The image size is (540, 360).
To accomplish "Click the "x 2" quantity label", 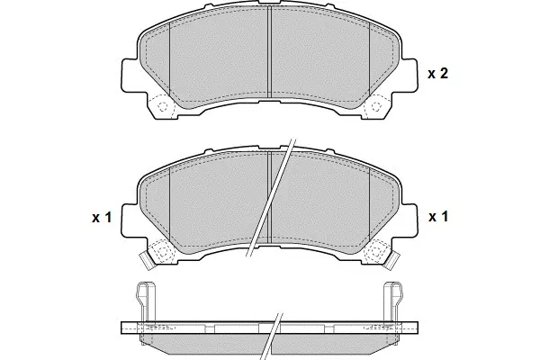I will [x=437, y=74].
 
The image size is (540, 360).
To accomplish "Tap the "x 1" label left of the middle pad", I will [x=100, y=218].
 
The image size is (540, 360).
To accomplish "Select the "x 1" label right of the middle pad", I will [x=437, y=218].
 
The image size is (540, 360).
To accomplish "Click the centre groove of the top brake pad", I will [x=270, y=54].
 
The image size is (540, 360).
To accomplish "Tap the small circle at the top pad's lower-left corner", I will [x=162, y=107].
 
